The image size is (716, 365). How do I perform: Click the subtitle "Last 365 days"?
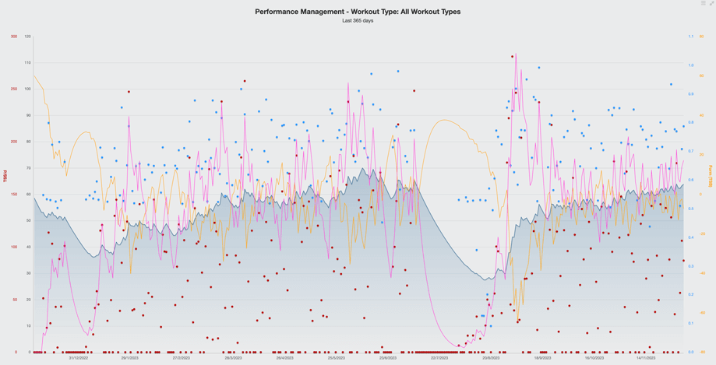click(x=358, y=21)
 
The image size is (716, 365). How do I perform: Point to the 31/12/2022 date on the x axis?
click(x=79, y=358)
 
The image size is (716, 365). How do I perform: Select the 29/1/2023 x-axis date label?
click(x=130, y=358)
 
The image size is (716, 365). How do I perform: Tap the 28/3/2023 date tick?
click(x=233, y=358)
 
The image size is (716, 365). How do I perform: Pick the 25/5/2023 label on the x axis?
click(x=336, y=358)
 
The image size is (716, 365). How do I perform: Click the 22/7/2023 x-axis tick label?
click(x=439, y=358)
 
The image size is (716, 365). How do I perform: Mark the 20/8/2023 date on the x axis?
click(x=491, y=358)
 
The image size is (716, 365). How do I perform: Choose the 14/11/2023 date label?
click(x=645, y=358)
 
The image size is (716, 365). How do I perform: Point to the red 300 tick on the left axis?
click(x=14, y=37)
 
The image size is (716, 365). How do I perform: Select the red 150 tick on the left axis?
click(x=14, y=195)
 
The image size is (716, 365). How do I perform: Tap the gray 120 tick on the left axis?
click(x=28, y=37)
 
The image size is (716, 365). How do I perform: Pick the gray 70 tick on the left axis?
click(x=28, y=168)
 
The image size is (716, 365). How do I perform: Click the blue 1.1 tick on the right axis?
click(x=690, y=37)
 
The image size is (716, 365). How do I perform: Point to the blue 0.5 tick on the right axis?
click(x=690, y=209)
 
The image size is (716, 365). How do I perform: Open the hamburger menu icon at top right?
click(x=703, y=4)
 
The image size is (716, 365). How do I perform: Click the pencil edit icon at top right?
click(x=711, y=4)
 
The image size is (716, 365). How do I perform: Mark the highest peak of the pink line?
click(x=516, y=54)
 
